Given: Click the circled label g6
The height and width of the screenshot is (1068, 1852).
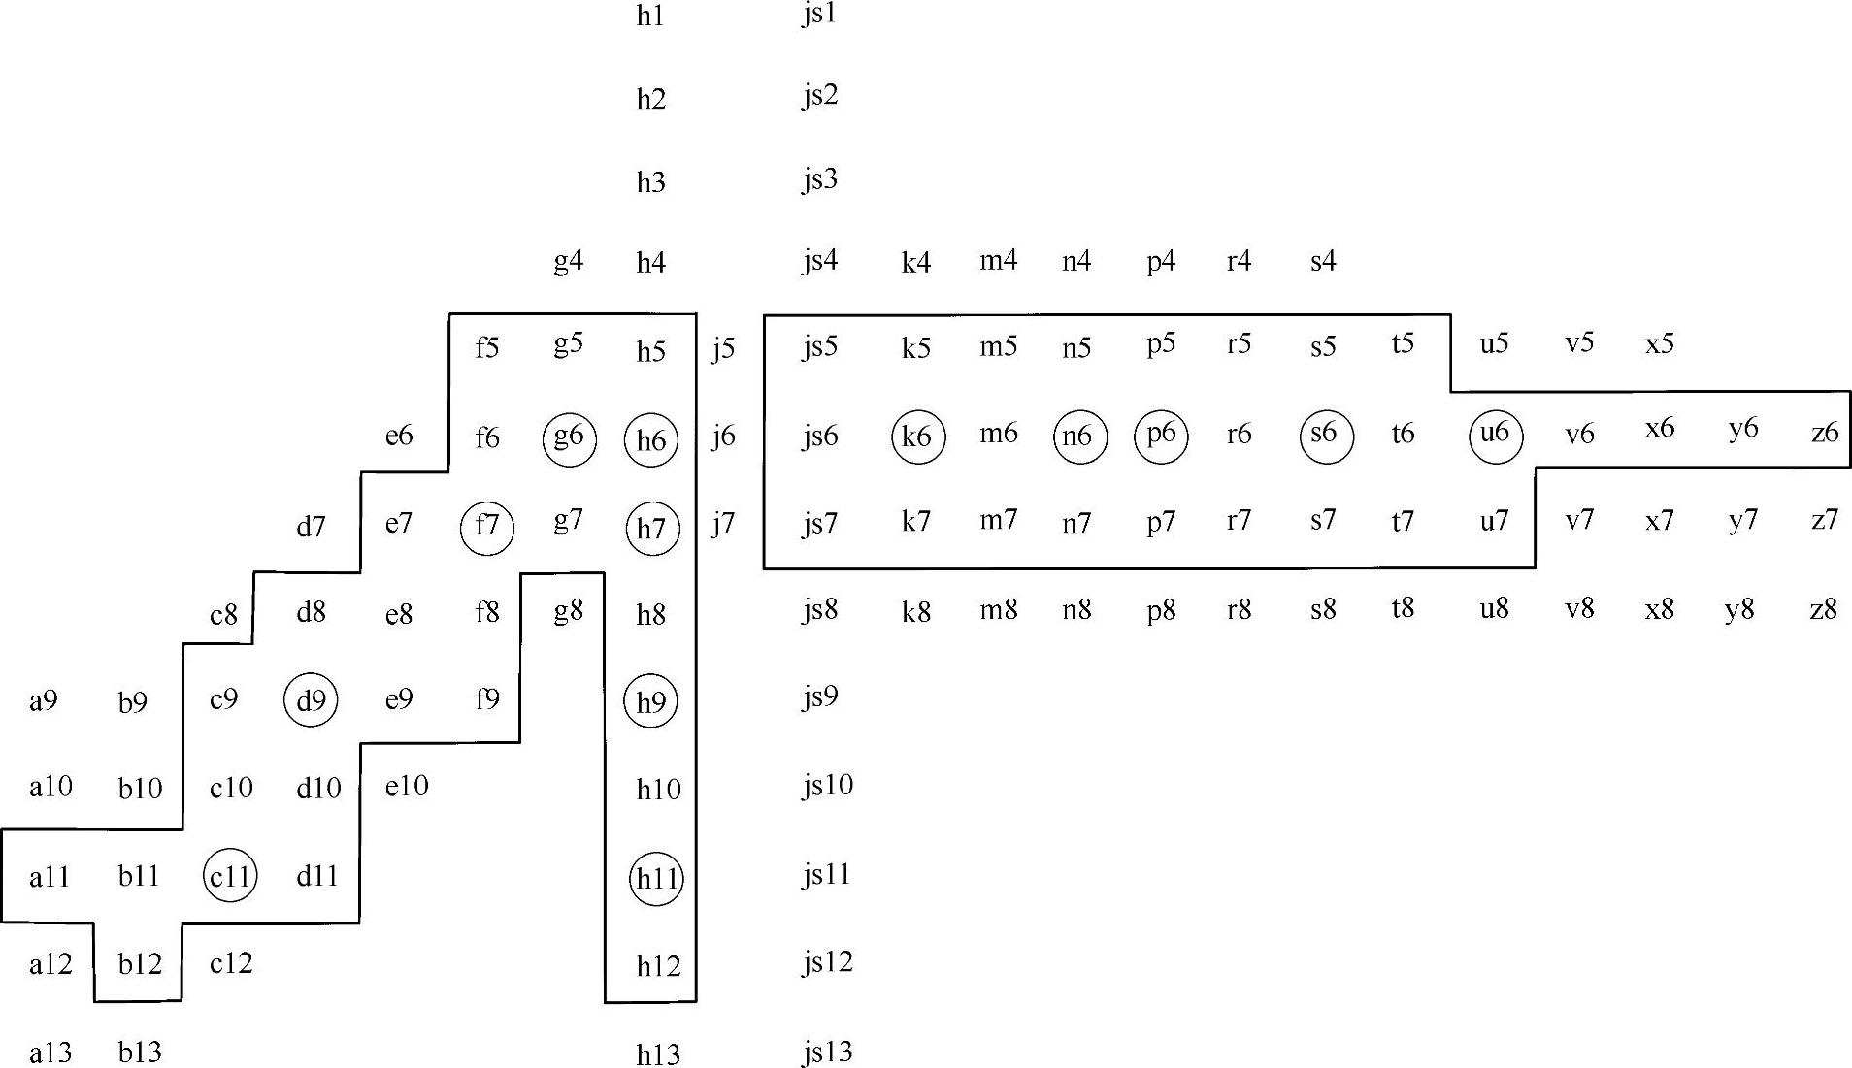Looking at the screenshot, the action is tap(569, 438).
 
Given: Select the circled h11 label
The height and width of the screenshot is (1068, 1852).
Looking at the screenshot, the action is tap(656, 878).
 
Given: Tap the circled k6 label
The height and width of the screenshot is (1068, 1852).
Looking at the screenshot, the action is tap(917, 437).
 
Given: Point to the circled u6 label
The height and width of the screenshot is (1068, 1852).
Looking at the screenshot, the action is tap(1495, 434).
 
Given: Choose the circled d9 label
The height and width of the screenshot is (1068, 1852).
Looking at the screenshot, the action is tap(311, 700).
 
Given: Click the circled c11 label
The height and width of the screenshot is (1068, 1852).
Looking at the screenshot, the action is tap(230, 877).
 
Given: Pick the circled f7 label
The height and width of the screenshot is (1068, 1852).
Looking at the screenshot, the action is tap(486, 527).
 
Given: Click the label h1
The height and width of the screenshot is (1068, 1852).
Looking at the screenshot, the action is tap(650, 16).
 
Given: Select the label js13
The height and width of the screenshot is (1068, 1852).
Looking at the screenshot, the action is tap(827, 1052).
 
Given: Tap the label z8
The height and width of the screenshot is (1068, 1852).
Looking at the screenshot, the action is tap(1824, 609).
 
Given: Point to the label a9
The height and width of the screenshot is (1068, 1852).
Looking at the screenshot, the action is tap(44, 700).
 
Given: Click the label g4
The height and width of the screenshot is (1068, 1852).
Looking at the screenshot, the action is tap(568, 261).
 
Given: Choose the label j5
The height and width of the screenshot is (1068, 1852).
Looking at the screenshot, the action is tap(722, 349).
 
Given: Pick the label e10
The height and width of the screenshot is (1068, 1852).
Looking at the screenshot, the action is tap(406, 785).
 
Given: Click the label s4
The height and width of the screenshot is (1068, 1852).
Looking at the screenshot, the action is tap(1323, 261).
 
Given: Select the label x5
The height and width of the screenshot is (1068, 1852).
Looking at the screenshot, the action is tap(1660, 343).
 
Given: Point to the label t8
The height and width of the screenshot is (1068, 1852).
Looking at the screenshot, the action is tap(1402, 608).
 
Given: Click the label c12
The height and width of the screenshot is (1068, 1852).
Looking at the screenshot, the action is tap(231, 963).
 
